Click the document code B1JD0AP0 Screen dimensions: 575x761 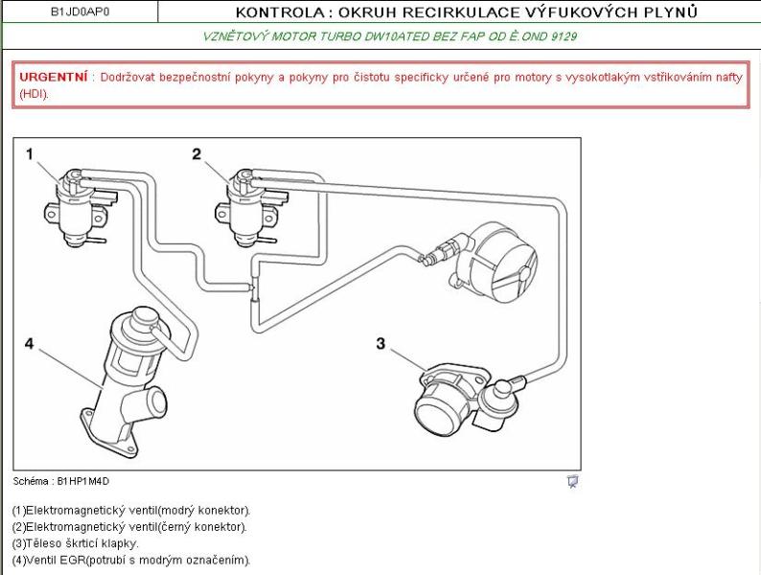coord(80,11)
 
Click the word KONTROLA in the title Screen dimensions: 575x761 coord(271,11)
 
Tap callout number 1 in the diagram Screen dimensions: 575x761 coord(30,154)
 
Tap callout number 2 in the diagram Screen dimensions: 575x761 coord(196,153)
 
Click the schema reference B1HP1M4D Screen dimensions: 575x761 coord(82,481)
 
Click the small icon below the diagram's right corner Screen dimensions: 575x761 coord(572,482)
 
